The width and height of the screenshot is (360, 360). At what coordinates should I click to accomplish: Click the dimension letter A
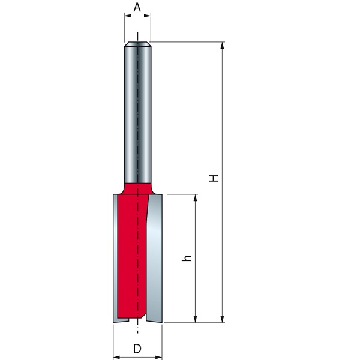click(x=137, y=7)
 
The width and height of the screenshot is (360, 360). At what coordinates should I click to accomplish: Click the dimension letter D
click(x=137, y=348)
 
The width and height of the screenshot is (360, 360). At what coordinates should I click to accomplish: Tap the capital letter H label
click(x=213, y=178)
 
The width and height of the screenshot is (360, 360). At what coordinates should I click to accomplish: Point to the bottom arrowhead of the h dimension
click(x=195, y=319)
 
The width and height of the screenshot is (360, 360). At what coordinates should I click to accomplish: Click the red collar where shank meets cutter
click(x=137, y=187)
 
